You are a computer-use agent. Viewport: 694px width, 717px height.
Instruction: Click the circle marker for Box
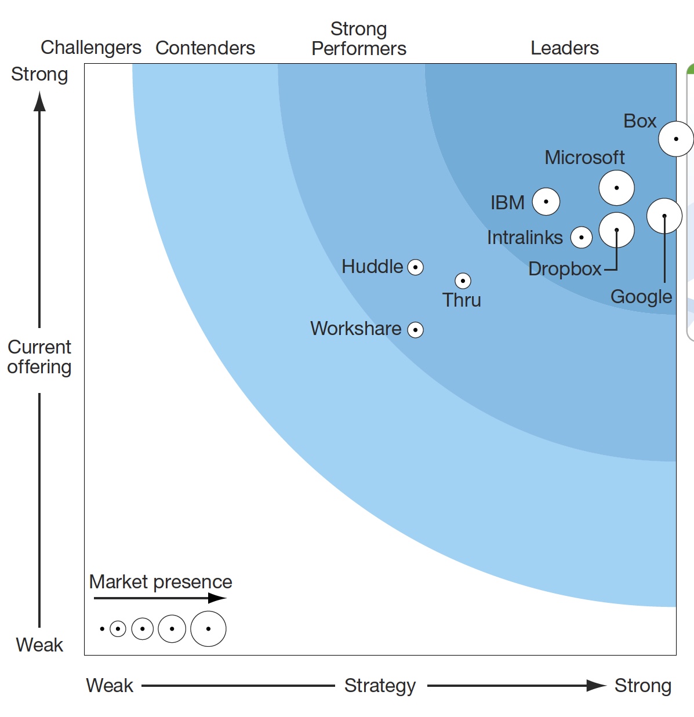tap(675, 139)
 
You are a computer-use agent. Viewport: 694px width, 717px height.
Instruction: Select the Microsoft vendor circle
tap(616, 188)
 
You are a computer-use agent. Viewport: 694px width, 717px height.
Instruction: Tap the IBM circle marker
tap(546, 202)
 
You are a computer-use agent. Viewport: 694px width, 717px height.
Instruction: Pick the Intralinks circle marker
tap(581, 237)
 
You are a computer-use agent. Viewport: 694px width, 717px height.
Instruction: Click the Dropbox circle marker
tap(616, 230)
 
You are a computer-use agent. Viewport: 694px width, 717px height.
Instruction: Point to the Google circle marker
tap(664, 216)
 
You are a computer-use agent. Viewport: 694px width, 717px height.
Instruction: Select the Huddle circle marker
tap(415, 267)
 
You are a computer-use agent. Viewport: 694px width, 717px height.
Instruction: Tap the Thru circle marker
tap(463, 281)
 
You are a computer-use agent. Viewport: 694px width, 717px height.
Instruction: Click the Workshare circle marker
tap(415, 330)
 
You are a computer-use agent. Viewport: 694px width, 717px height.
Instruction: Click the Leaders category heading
tap(564, 48)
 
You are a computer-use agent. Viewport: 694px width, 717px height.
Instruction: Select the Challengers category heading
tap(91, 48)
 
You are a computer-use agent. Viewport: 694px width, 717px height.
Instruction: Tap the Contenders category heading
tap(205, 48)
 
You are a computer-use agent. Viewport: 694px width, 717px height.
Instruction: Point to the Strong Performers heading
tap(358, 39)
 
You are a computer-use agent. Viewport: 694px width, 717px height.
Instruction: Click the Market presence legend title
tap(161, 581)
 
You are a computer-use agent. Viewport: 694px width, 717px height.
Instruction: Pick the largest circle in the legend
tap(208, 628)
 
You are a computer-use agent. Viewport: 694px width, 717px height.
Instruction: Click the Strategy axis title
tap(380, 686)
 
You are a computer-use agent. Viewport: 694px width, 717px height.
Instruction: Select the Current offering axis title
tap(39, 357)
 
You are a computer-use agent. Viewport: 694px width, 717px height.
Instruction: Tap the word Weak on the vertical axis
tap(39, 645)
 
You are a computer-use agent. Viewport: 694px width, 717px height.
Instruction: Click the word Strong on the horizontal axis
tap(642, 686)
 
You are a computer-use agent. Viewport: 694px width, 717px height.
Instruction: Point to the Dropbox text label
tap(565, 269)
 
